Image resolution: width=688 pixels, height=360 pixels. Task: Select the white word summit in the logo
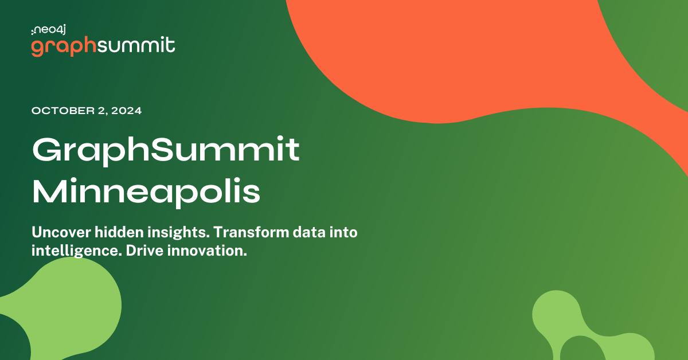coord(136,46)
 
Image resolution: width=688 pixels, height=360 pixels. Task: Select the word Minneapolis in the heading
coord(146,192)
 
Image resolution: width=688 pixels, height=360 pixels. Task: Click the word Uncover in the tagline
coord(60,232)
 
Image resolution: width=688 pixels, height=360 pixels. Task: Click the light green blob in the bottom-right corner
coord(596,332)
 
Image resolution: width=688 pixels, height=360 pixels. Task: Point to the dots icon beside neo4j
coord(33,30)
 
